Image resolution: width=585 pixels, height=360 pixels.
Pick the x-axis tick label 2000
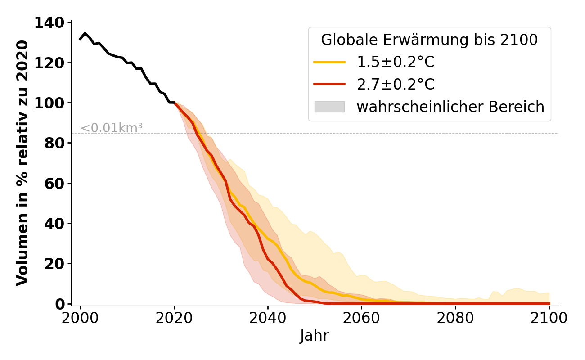pyautogui.click(x=80, y=318)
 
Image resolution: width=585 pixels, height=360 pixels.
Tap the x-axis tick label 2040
pyautogui.click(x=268, y=318)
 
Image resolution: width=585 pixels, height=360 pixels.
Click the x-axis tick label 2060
pyautogui.click(x=361, y=318)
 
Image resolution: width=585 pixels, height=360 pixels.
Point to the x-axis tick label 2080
pyautogui.click(x=455, y=318)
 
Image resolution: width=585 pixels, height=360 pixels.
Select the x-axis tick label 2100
pyautogui.click(x=549, y=318)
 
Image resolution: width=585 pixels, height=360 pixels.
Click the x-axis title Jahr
pyautogui.click(x=315, y=336)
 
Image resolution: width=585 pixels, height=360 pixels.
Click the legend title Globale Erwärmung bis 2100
pyautogui.click(x=429, y=40)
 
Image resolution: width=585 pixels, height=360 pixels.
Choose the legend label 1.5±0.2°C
pyautogui.click(x=396, y=62)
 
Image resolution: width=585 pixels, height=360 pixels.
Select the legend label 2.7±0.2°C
pyautogui.click(x=396, y=85)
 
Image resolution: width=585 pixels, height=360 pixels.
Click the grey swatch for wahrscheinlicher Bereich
pyautogui.click(x=329, y=107)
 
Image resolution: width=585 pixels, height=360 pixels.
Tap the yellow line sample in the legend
pyautogui.click(x=329, y=62)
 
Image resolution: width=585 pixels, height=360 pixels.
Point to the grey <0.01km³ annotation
pyautogui.click(x=112, y=128)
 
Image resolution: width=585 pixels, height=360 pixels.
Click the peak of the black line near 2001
pyautogui.click(x=85, y=33)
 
